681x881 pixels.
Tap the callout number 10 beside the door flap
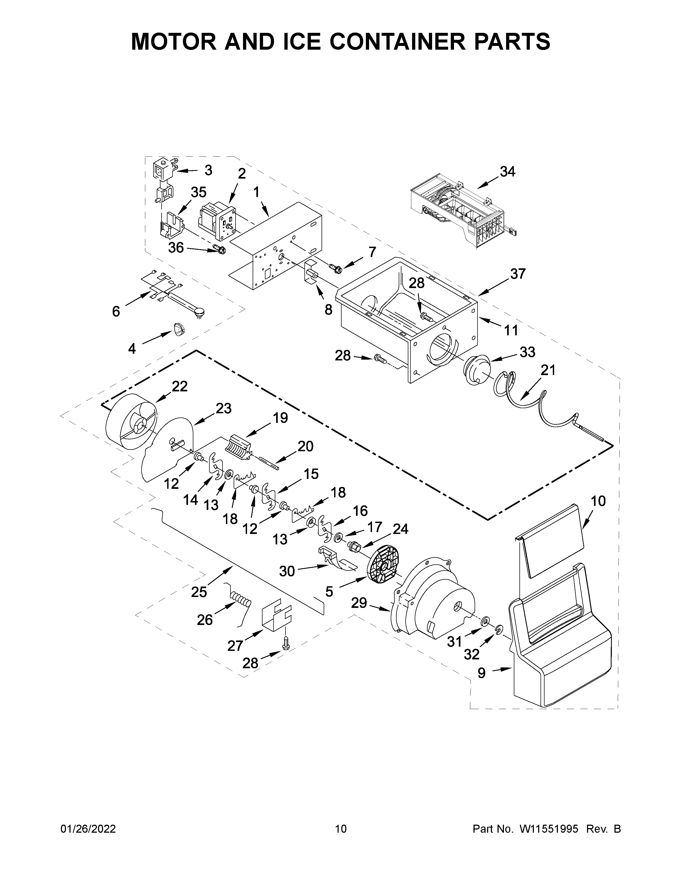(x=598, y=501)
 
